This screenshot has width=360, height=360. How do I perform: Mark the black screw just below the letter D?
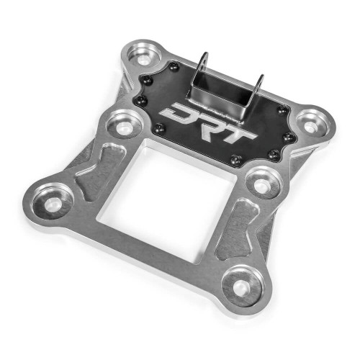click(160, 129)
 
